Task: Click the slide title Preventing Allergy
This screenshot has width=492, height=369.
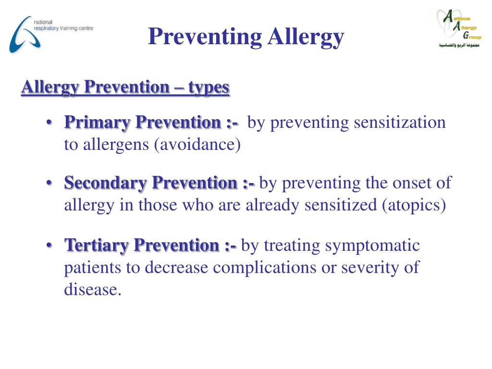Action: coord(246,37)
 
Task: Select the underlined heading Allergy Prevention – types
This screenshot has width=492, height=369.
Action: coord(125,87)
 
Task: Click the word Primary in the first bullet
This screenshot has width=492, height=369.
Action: coord(98,123)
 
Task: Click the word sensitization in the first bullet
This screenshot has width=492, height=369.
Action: coord(400,123)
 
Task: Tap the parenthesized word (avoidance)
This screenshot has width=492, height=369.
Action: coord(197,145)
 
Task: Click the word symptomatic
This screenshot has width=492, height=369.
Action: coord(372,246)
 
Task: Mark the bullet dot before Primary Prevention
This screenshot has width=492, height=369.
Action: coord(50,123)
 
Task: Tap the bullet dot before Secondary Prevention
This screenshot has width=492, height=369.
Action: coord(50,184)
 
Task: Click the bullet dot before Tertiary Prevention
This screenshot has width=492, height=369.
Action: coord(50,246)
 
